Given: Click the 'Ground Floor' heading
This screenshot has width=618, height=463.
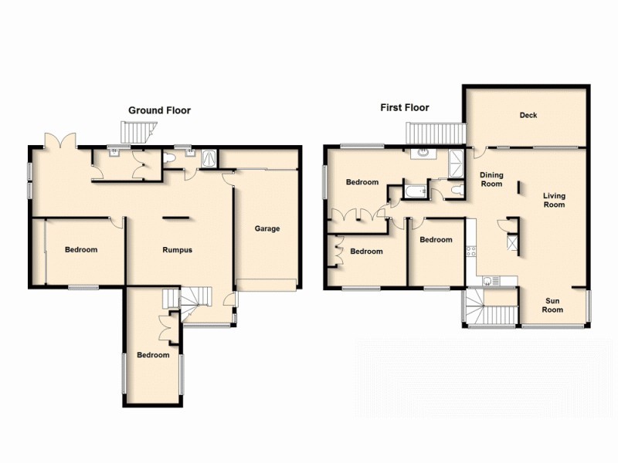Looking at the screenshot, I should [x=159, y=110].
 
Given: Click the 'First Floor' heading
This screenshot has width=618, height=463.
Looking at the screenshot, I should [x=404, y=107].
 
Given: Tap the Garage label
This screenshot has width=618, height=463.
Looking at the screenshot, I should [x=267, y=228].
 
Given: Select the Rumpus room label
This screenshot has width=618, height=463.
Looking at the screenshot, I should [x=177, y=250].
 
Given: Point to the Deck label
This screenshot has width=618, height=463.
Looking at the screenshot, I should [x=528, y=116].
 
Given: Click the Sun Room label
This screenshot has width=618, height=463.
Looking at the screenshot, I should [x=553, y=306].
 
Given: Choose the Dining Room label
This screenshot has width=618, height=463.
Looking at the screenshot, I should [x=491, y=179].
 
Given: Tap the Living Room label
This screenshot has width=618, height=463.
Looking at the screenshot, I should [x=554, y=200].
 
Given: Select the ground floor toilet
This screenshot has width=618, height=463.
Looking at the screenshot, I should [x=171, y=157].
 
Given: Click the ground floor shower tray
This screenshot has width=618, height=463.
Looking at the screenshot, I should [x=209, y=157].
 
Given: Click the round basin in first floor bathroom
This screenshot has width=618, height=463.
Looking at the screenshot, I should [x=423, y=153].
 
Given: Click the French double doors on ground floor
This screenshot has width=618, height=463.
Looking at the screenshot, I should [x=60, y=140].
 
